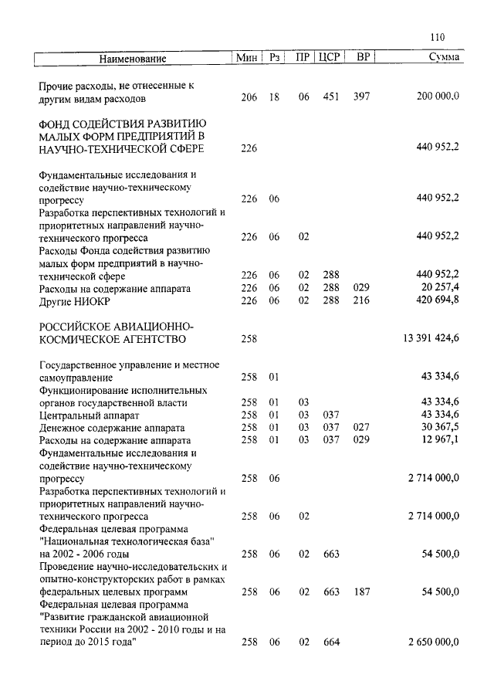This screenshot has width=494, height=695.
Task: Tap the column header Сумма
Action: tap(445, 58)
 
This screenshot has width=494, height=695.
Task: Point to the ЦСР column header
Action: tap(330, 58)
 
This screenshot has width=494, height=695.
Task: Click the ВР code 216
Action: tap(361, 300)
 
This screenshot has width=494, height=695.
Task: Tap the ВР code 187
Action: tap(361, 592)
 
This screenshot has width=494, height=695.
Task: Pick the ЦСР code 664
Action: tap(331, 642)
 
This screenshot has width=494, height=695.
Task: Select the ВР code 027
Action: tap(361, 427)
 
